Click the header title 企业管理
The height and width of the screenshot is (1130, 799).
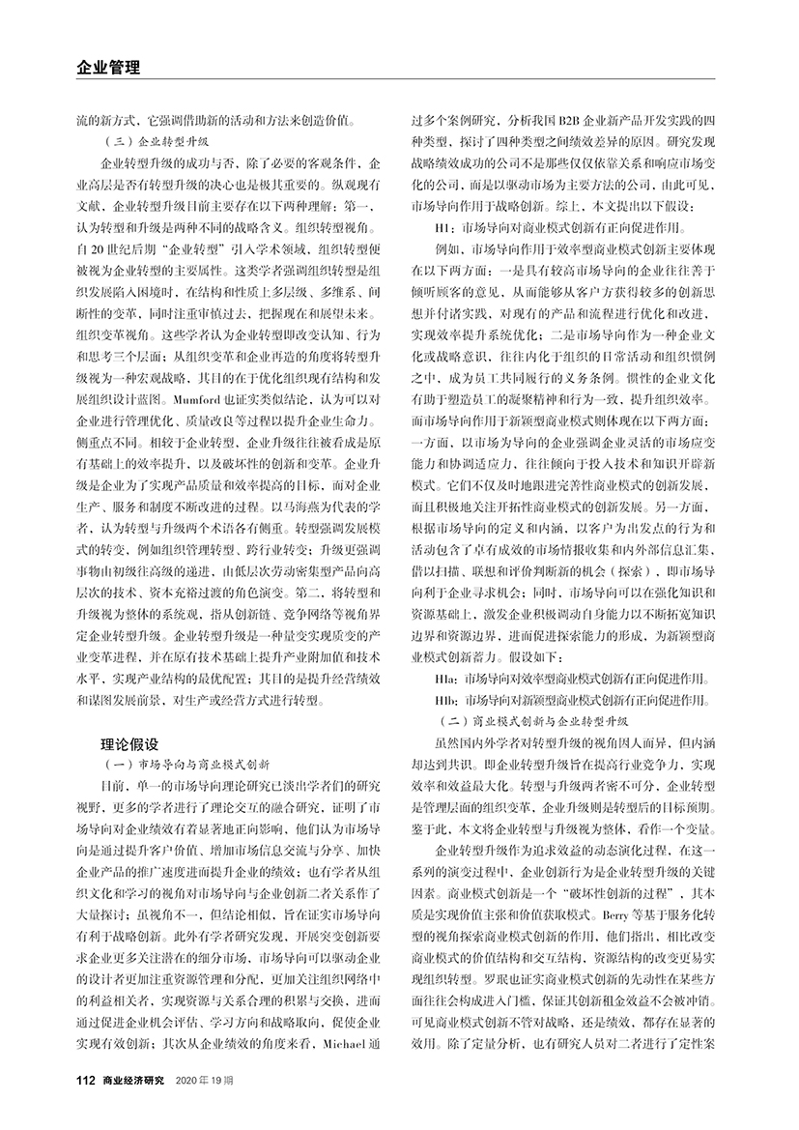[108, 68]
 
